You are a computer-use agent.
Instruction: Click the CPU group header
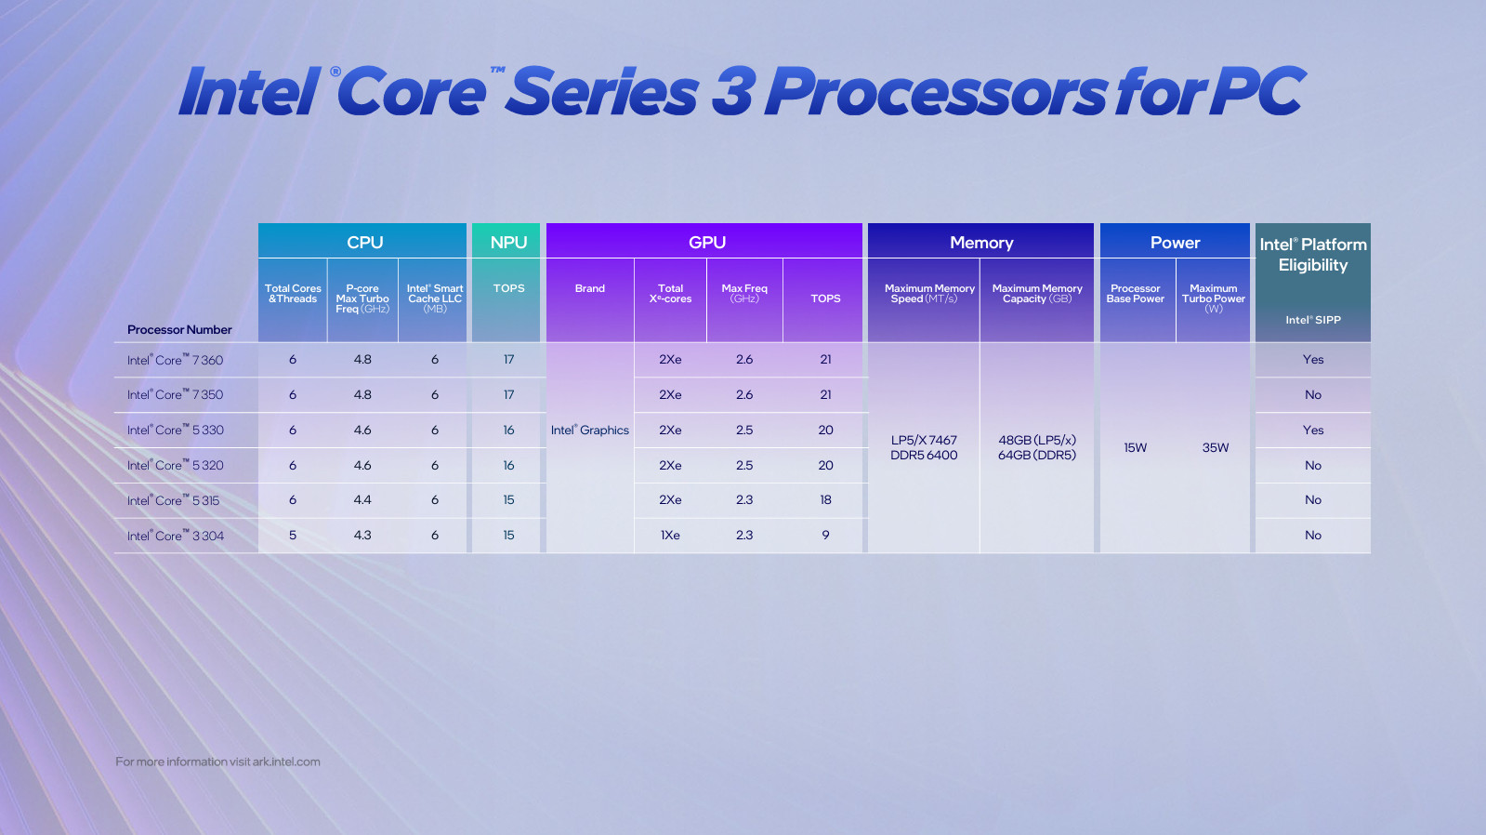click(364, 242)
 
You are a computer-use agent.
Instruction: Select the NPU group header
click(508, 242)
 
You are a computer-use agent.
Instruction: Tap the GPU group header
click(706, 242)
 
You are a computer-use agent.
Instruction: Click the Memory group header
click(981, 242)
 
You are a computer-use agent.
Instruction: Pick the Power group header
click(1175, 242)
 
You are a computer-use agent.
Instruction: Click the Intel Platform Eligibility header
click(1312, 254)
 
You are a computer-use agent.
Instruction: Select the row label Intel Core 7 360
click(176, 360)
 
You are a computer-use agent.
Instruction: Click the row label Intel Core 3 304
click(176, 536)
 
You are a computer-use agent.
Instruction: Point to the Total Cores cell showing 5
click(293, 535)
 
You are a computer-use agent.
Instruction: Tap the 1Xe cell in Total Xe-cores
click(670, 535)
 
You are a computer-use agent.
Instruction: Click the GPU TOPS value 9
click(825, 535)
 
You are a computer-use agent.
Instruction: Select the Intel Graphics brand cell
click(590, 430)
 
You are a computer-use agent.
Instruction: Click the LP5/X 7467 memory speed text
click(924, 440)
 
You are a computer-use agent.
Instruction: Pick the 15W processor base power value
click(1135, 447)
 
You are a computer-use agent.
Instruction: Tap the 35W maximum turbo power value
click(1215, 447)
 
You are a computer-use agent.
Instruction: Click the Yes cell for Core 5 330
click(1312, 430)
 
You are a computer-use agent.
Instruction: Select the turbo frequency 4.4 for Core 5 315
click(362, 499)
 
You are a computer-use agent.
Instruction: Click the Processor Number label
click(179, 329)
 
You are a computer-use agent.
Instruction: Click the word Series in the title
click(601, 92)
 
